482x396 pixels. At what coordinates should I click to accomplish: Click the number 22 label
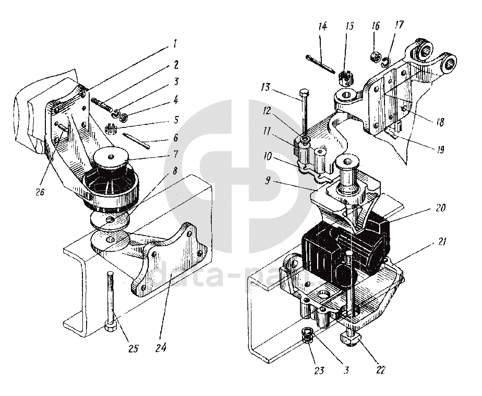pos(381,370)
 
